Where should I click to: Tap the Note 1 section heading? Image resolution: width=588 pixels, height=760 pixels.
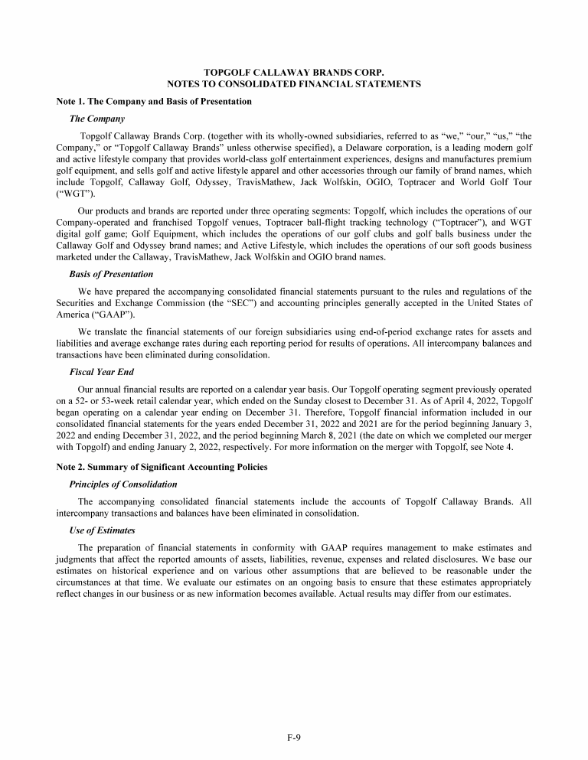click(x=154, y=101)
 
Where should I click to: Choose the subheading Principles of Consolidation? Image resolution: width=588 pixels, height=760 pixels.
click(x=123, y=484)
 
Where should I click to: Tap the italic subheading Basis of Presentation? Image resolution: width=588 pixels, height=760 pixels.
click(x=111, y=274)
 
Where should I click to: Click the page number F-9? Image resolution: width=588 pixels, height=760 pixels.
click(x=294, y=737)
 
